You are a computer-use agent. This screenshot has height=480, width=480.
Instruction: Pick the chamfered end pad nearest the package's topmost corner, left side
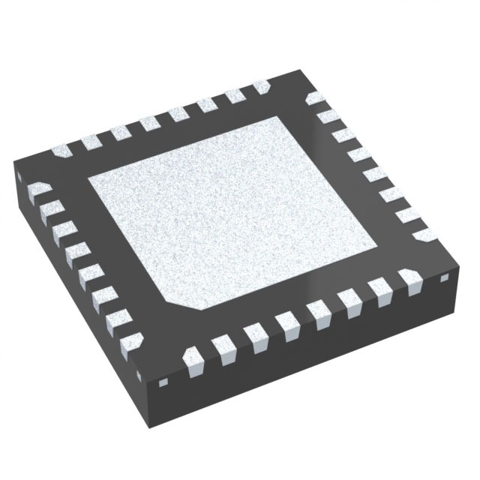262,88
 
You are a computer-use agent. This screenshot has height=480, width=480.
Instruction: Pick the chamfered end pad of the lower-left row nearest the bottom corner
133,341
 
